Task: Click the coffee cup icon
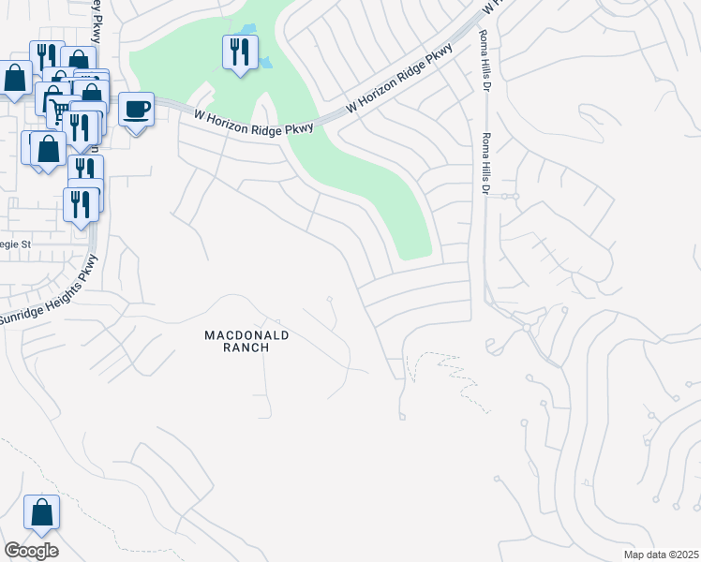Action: pos(137,110)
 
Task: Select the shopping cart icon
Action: pos(58,111)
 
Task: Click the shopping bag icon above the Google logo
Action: pos(41,512)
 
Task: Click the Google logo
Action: pos(31,551)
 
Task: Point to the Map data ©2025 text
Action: pos(660,555)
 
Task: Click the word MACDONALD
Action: pos(247,334)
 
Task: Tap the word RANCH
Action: pos(247,348)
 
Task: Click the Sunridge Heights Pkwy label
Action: pos(47,289)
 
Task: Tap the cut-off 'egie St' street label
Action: pos(16,244)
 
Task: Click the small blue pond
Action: pos(266,62)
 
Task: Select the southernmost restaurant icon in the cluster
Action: pos(81,204)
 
